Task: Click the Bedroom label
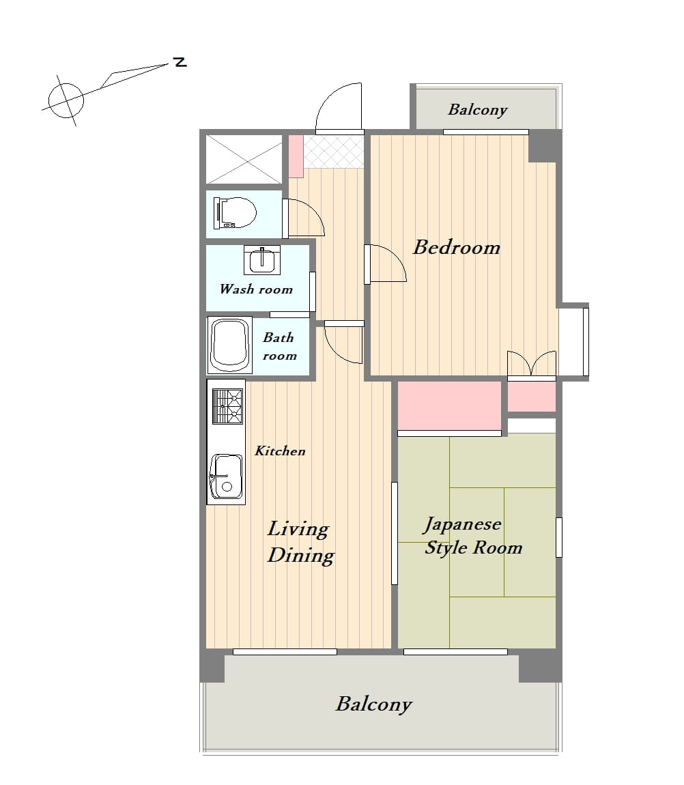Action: [x=457, y=247]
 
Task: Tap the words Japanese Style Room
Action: [x=473, y=536]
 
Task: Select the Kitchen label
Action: [x=280, y=451]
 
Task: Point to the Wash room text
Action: [x=256, y=289]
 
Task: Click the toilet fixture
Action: [x=234, y=213]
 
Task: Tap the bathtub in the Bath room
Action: [x=230, y=345]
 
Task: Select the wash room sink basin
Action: [x=262, y=260]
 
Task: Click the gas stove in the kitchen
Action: [x=227, y=405]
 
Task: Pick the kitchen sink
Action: [x=227, y=476]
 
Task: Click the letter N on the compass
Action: [x=180, y=63]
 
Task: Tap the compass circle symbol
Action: [x=66, y=100]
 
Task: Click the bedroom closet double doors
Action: [x=532, y=363]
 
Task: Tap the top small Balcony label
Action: [x=478, y=110]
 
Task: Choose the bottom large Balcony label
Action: [x=373, y=704]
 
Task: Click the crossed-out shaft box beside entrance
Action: [x=244, y=159]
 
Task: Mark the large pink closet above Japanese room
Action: [x=450, y=405]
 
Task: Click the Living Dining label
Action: [x=300, y=542]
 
